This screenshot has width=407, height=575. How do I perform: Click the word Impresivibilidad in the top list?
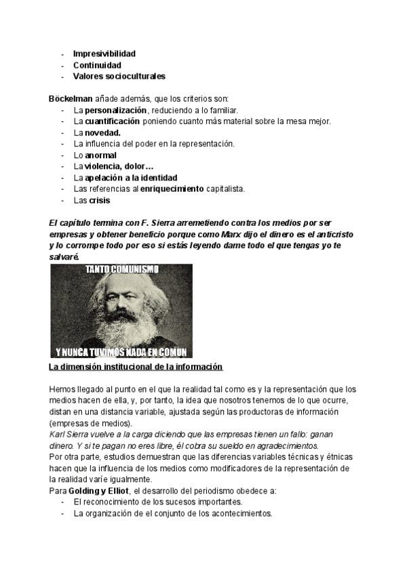[x=104, y=53]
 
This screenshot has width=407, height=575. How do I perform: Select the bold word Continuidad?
[x=97, y=65]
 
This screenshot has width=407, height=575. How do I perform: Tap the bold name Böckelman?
[x=71, y=99]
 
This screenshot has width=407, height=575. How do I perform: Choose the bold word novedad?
[x=102, y=133]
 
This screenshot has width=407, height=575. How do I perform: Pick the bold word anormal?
[x=100, y=155]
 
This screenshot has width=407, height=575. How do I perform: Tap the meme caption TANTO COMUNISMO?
[x=121, y=269]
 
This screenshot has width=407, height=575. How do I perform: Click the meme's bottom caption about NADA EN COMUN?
[x=121, y=352]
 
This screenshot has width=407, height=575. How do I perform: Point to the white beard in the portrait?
[x=119, y=329]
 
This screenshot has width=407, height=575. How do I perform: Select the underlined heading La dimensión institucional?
[x=136, y=367]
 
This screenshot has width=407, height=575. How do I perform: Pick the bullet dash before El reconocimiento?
[x=62, y=502]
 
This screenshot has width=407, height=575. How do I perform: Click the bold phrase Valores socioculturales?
[x=119, y=77]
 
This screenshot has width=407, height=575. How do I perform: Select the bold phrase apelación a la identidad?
[x=131, y=178]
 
